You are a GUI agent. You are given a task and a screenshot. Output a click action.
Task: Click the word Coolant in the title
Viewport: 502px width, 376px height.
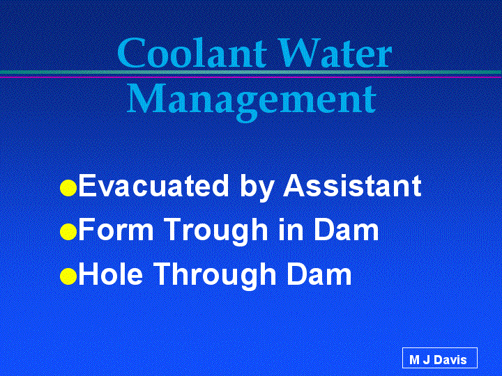tap(192, 52)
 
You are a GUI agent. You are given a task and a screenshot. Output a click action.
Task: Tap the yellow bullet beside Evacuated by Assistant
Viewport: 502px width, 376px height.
tap(68, 188)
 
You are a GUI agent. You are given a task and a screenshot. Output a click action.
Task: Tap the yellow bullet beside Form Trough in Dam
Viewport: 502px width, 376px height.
tap(68, 232)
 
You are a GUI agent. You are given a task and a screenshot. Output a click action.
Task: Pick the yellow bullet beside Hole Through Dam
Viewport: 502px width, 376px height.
tap(68, 276)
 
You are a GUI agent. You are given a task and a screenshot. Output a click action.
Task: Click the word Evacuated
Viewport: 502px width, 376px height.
tap(153, 185)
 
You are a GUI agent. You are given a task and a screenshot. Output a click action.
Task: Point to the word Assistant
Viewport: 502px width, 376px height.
tap(352, 185)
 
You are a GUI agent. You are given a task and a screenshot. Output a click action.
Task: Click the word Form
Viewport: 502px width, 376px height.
tap(116, 229)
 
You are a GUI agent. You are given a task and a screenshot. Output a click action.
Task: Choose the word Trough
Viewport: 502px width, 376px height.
tap(217, 232)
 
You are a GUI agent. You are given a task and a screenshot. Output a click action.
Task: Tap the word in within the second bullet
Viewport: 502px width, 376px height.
tap(291, 229)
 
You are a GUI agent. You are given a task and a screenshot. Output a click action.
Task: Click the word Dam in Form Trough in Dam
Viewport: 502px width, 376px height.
tap(346, 229)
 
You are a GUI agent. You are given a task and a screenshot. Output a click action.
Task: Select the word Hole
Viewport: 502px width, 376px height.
tap(111, 274)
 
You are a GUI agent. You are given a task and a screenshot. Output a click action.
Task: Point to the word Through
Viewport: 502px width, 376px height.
tap(215, 276)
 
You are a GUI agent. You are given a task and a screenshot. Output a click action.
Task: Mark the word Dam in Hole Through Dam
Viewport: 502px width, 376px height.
tap(319, 274)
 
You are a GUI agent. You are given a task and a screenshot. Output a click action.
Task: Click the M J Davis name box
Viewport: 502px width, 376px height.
tap(439, 358)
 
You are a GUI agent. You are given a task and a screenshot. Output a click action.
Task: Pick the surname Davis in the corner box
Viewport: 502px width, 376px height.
tap(450, 360)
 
